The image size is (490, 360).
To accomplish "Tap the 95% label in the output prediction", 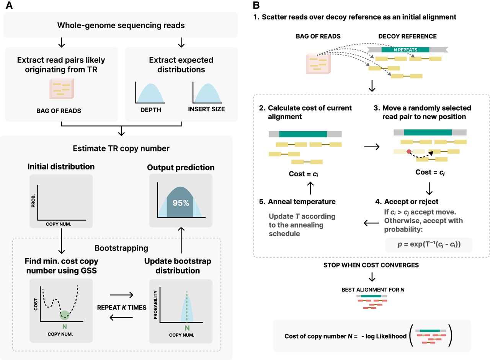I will point(181,203).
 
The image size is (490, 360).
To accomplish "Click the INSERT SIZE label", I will point(206,109).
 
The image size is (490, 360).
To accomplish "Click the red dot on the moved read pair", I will point(409,152).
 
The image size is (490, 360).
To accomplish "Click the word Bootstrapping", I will point(121,248).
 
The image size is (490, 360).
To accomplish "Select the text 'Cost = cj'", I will point(430,172).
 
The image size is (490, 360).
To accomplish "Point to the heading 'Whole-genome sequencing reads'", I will point(121,26).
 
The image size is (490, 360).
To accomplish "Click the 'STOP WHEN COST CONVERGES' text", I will point(371,265).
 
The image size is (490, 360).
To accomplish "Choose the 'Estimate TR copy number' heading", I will point(121,148).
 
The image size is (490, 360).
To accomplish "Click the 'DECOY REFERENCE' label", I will point(407,36).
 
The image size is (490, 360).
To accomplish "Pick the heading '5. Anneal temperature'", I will point(302,202).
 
